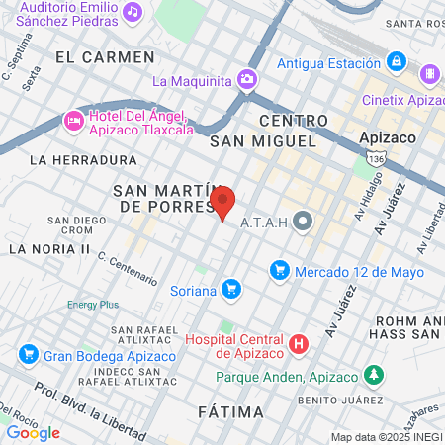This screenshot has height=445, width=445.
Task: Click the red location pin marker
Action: click(x=223, y=202)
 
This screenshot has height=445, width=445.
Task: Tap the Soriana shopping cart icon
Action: click(x=231, y=290)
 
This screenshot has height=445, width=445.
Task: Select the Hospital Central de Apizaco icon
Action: click(x=298, y=344)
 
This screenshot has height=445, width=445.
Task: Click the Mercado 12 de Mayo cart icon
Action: click(x=279, y=270)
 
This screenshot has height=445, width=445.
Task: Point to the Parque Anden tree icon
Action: click(x=374, y=375)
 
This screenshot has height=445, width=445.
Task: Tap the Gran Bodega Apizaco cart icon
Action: click(x=28, y=354)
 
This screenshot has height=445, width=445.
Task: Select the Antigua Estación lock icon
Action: click(x=397, y=62)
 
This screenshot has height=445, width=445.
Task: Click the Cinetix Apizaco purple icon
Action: click(x=429, y=73)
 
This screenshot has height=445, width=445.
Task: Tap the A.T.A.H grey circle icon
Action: click(x=303, y=222)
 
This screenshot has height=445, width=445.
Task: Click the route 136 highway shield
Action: click(x=401, y=158)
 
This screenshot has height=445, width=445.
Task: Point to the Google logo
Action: click(x=33, y=432)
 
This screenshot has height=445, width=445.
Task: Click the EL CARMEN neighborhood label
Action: click(x=105, y=57)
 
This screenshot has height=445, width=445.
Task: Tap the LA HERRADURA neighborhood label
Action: click(x=83, y=159)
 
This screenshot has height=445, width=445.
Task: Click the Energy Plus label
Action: click(x=93, y=305)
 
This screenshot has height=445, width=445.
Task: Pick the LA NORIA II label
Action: click(x=48, y=248)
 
